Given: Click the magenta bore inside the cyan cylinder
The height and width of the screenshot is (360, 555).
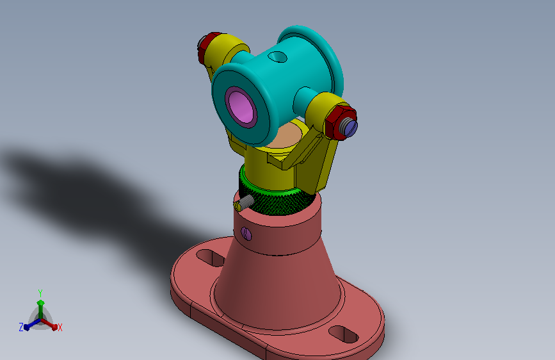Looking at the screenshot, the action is pos(241,106).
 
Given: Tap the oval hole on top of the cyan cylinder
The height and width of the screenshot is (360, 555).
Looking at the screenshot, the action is pos(278,57).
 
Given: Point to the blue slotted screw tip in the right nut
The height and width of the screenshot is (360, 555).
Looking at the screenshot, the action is pos(351,127).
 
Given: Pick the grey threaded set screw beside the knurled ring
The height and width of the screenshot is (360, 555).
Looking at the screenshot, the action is pos(245,202).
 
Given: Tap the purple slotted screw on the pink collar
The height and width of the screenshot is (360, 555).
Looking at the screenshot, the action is pos(246,234).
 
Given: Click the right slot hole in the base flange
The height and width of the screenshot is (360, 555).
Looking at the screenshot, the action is pos(343,334).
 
